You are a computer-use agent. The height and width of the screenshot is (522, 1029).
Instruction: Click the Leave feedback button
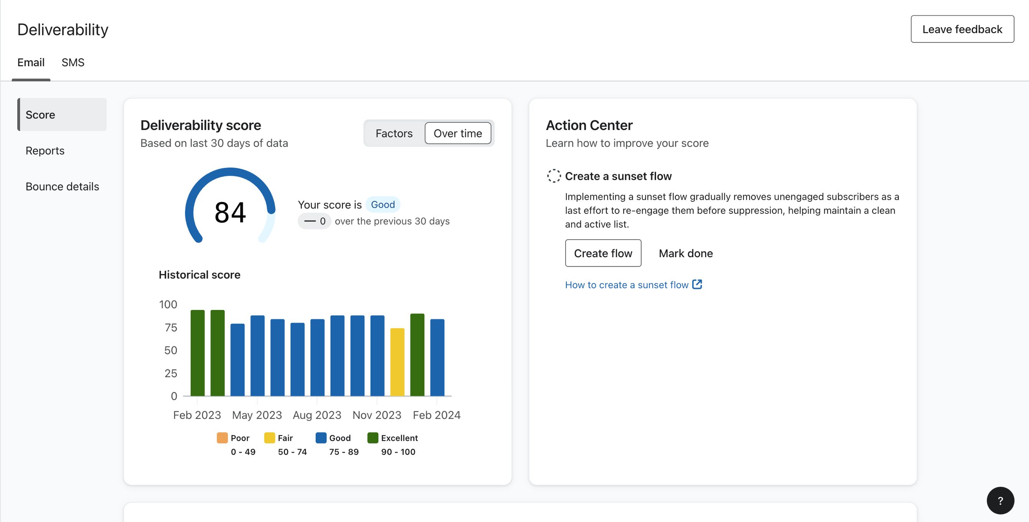coord(962,29)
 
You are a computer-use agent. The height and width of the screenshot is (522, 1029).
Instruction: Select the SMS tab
coord(73,62)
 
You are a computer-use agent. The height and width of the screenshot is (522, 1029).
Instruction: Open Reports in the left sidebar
coord(45,151)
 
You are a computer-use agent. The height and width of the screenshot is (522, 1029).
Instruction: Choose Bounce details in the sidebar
coord(62,186)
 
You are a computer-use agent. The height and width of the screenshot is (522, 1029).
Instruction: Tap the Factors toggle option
coord(394,133)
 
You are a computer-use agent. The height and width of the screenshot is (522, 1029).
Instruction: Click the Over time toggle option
coord(457,133)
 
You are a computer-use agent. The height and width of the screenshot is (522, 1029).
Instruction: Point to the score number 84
coord(230,212)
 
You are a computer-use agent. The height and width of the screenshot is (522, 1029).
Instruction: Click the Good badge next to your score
coord(382,204)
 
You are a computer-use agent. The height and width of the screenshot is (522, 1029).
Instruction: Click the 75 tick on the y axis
coord(171,328)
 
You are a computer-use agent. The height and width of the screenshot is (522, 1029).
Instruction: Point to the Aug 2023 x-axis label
coord(317,415)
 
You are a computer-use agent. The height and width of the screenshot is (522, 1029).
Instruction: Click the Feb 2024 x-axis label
coord(436,415)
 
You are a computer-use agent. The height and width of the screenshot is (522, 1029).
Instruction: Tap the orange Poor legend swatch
coord(222,438)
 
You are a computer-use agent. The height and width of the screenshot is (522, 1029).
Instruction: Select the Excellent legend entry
coord(399,438)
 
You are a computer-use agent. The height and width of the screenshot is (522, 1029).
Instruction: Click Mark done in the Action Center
coord(686,253)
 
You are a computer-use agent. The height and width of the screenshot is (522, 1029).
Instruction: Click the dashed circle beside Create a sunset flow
coord(554,176)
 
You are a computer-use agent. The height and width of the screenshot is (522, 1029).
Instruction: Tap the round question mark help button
coord(1000,501)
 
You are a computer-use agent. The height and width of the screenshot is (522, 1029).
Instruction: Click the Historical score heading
coord(200,274)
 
